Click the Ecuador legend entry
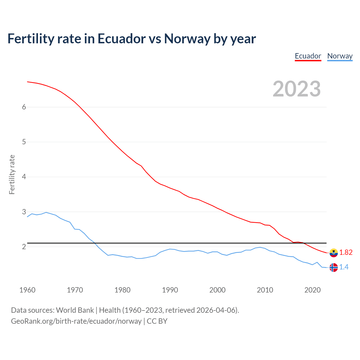coord(308,56)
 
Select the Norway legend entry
coord(340,56)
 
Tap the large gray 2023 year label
coord(296,89)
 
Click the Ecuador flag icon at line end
coord(334,253)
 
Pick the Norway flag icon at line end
coord(334,267)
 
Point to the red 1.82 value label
coord(346,253)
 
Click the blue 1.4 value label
coord(344,267)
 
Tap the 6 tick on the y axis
coord(24,107)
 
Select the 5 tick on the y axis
coord(24,142)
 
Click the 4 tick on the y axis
coord(24,177)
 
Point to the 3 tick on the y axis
coord(24,212)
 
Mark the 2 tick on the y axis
coord(24,247)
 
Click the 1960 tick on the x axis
coord(27,290)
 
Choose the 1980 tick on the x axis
coord(122,290)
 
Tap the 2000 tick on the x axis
coord(217,290)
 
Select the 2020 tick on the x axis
coord(312,290)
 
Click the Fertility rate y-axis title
coord(12,174)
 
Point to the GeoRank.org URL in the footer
coord(76,321)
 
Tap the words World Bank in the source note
coord(75,310)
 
